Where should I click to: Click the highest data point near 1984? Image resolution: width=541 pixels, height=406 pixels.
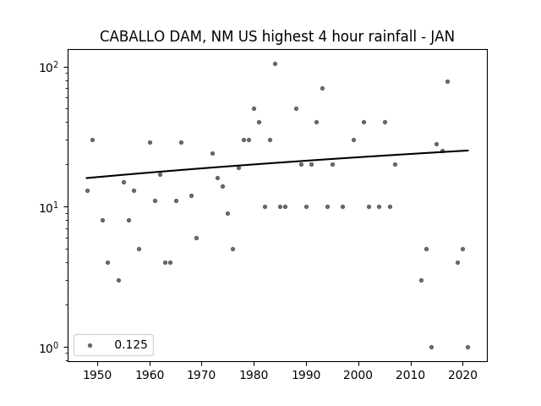pos(275,64)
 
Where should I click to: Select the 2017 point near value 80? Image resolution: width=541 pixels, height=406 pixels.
pos(447,82)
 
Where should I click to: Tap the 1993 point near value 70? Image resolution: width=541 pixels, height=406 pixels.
pos(322,88)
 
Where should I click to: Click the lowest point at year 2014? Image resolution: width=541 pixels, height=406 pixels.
pos(431,348)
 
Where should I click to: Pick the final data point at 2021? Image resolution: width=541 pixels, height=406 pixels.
pos(467,348)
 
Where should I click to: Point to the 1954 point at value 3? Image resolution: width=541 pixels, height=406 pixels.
pos(118,280)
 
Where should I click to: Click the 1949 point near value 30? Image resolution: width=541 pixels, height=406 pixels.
pos(92,140)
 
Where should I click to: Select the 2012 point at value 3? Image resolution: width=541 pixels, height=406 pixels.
pos(421,280)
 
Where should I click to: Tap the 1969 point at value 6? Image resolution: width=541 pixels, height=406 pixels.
pos(196,239)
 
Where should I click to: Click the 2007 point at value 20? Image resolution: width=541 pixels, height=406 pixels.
pos(395,165)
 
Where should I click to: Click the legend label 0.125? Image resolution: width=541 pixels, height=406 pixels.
pos(131,344)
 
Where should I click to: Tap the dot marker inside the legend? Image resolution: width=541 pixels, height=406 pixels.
pos(90,345)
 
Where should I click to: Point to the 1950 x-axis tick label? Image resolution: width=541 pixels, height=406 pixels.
pos(98,375)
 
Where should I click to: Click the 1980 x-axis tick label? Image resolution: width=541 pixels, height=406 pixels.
pos(254,375)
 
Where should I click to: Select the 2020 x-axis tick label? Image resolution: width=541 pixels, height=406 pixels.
pos(462,375)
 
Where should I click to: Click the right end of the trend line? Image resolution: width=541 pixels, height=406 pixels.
pos(468,151)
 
